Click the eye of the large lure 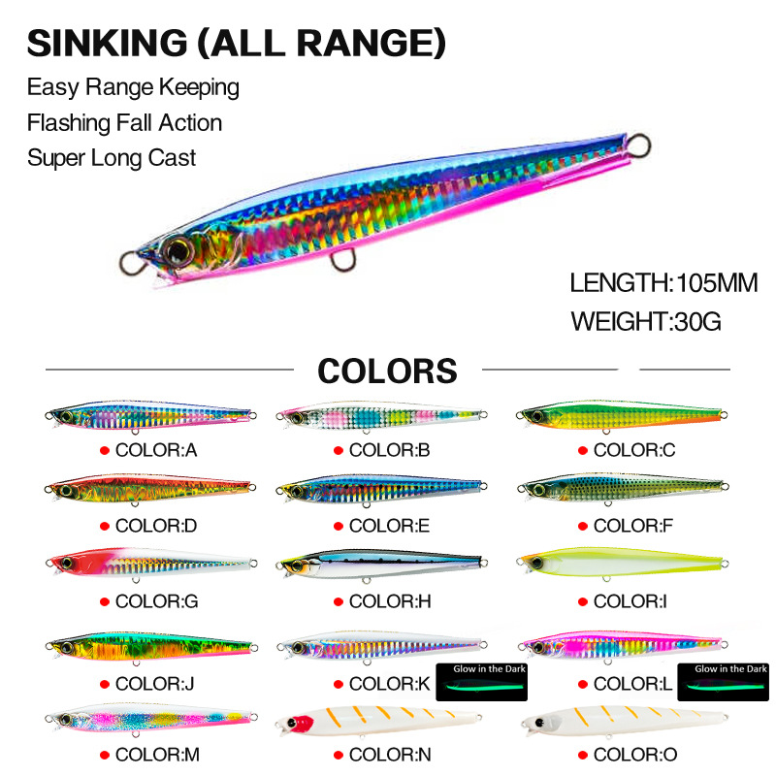[x=178, y=250]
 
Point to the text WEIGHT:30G [x=646, y=321]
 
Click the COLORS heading [x=387, y=371]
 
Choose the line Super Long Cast [x=112, y=158]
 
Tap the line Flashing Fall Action [x=124, y=123]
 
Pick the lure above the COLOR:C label [x=622, y=416]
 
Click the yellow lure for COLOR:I [x=622, y=564]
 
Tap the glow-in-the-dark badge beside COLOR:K [x=481, y=681]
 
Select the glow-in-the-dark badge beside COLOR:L [x=725, y=681]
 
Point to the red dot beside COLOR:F [x=582, y=527]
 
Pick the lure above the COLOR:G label [x=150, y=564]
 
